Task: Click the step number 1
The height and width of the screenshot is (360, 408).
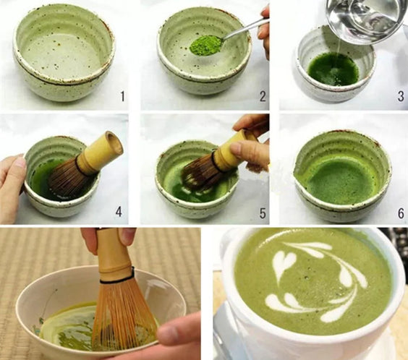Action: point(122,96)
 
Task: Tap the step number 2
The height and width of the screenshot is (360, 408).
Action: point(263,96)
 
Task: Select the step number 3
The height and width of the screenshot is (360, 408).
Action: point(401,96)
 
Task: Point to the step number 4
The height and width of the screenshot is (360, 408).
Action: point(119,212)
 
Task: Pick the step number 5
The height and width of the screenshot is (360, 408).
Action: point(263,213)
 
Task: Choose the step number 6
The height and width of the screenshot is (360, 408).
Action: point(401,213)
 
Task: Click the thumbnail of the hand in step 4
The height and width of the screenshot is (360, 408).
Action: point(20,163)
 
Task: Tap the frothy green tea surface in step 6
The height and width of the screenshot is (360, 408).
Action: point(339,179)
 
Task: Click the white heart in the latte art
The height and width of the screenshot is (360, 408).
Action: point(284,261)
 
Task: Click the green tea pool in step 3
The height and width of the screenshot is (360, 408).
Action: point(333,69)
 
